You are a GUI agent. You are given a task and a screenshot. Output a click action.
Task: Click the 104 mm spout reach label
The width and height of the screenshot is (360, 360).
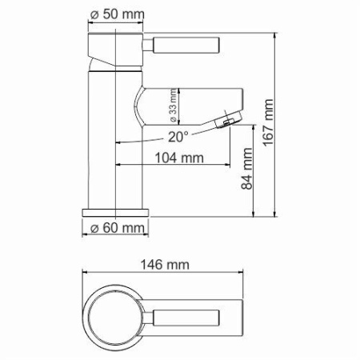pos(177,158)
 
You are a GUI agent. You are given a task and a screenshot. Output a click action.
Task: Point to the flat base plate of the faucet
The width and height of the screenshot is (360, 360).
pos(117,213)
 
